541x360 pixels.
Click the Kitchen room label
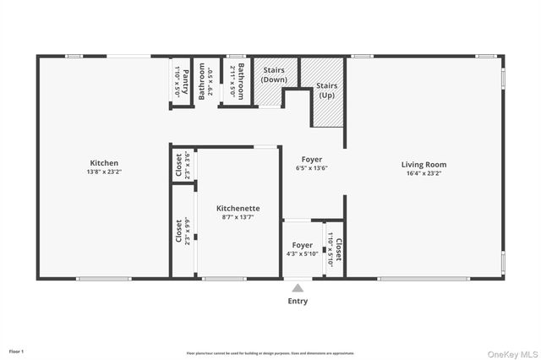click(104, 163)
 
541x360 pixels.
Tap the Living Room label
click(424, 165)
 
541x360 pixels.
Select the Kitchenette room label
click(238, 208)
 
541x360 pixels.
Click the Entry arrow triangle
click(298, 288)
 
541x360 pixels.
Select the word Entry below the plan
click(298, 301)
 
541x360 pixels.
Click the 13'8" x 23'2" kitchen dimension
click(104, 172)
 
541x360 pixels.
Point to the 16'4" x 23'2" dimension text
click(424, 173)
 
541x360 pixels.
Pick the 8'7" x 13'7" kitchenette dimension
click(238, 217)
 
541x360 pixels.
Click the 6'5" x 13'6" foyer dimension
click(311, 168)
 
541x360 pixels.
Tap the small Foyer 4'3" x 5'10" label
click(302, 249)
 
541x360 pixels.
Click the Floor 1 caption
click(17, 351)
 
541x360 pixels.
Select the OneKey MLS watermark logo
click(511, 352)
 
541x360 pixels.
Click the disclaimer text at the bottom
click(270, 353)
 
